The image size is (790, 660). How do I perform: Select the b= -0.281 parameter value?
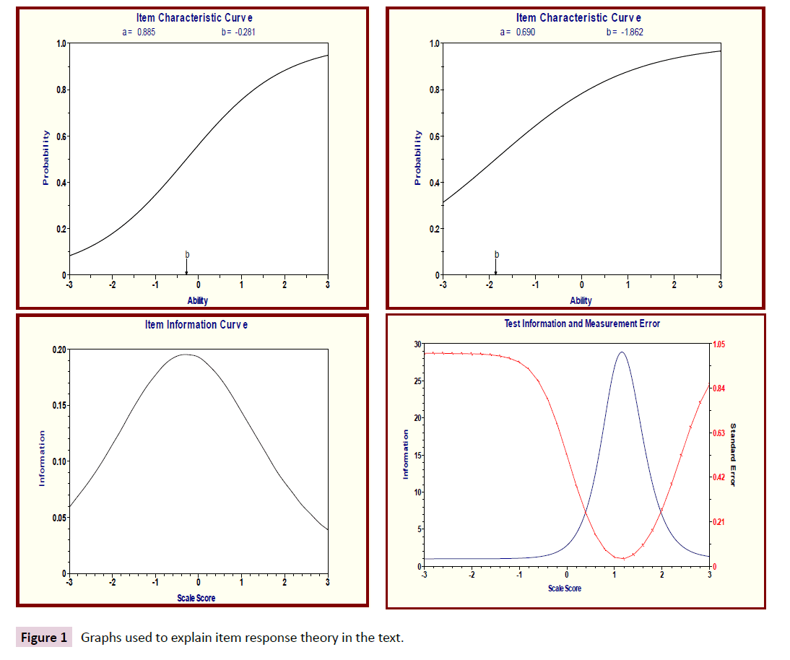click(238, 32)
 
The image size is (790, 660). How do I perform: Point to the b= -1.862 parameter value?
click(625, 32)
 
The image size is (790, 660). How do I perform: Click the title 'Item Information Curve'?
click(196, 325)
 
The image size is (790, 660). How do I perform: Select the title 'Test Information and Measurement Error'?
click(581, 324)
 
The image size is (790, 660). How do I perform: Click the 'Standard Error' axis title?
click(733, 454)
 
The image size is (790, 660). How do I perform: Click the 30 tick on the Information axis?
click(416, 344)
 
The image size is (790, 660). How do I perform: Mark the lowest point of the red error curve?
click(622, 558)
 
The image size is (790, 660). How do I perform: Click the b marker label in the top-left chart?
click(187, 254)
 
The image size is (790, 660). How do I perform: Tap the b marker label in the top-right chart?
click(496, 254)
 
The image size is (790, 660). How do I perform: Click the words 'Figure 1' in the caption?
click(44, 638)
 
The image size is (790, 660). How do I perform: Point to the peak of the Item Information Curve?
click(186, 355)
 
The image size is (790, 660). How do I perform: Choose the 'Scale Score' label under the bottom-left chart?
click(196, 598)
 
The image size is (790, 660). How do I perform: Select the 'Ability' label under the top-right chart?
click(581, 300)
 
